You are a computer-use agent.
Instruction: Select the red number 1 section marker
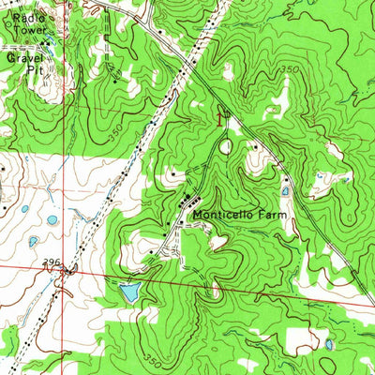220,118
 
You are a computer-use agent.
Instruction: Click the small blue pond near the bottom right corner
328,345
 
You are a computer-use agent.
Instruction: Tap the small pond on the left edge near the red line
34,241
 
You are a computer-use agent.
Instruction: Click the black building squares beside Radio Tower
45,41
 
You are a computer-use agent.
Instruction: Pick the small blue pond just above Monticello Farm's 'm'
285,191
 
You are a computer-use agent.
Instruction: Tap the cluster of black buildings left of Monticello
186,201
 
